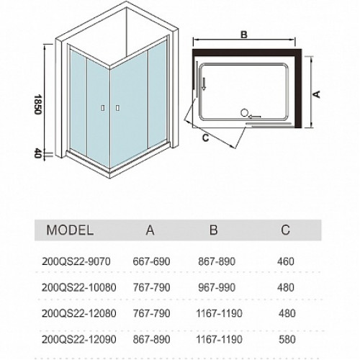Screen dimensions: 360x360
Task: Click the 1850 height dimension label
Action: (x=38, y=104)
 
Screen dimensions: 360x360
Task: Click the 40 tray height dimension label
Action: (x=38, y=153)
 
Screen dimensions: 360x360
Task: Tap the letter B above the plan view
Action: (x=244, y=35)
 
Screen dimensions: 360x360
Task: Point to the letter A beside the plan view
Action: (x=317, y=94)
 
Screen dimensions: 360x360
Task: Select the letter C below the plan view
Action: (x=206, y=138)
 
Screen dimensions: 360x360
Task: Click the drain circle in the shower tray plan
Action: (x=244, y=113)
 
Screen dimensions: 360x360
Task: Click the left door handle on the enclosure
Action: (x=103, y=108)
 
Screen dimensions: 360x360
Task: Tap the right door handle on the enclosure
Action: (x=117, y=108)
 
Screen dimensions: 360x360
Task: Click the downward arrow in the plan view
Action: (x=204, y=84)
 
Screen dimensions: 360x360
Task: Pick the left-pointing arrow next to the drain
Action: (x=255, y=117)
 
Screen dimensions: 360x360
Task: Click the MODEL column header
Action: (x=70, y=230)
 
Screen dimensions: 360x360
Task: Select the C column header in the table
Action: (x=286, y=230)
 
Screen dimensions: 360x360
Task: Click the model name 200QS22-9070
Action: (x=76, y=261)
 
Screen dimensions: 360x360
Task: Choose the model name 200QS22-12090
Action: (x=79, y=339)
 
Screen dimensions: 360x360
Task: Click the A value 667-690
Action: (x=151, y=261)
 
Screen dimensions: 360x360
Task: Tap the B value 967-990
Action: (x=217, y=287)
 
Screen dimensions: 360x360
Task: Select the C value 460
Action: (x=286, y=261)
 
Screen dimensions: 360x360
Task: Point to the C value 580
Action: (x=287, y=339)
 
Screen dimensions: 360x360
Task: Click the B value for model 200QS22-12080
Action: (x=219, y=313)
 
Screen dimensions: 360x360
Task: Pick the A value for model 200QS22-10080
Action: (x=151, y=287)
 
